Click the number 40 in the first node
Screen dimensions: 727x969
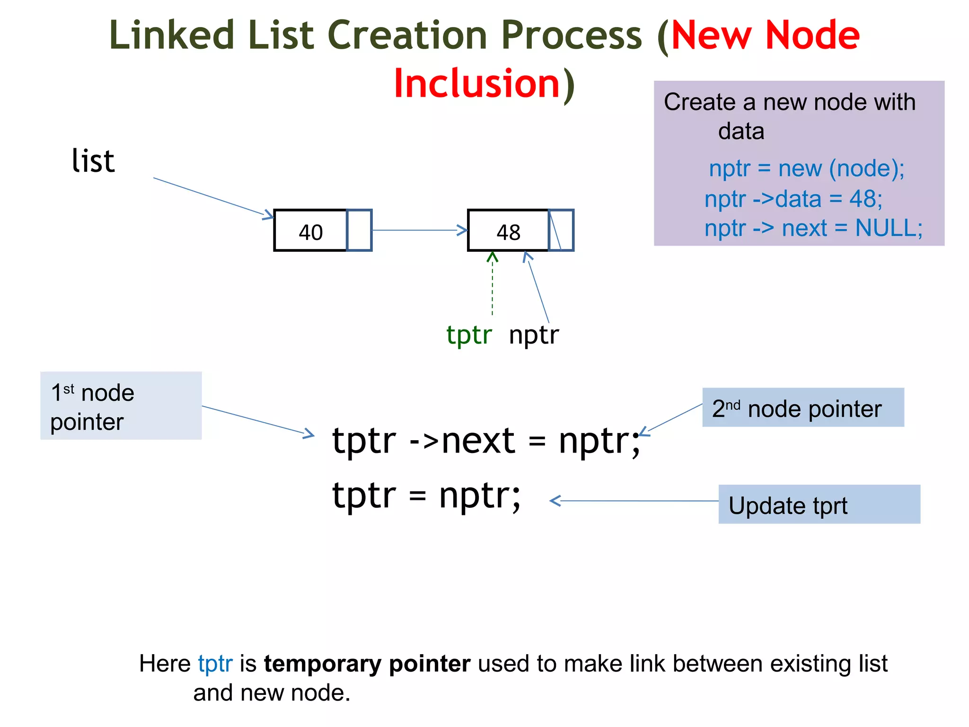click(310, 232)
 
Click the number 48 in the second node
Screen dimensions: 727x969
click(508, 232)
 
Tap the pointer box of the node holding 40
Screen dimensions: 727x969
click(359, 230)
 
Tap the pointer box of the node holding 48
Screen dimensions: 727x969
click(561, 230)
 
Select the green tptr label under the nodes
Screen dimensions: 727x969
click(469, 335)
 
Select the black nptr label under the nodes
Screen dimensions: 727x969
click(534, 335)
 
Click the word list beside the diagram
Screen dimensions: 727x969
click(93, 161)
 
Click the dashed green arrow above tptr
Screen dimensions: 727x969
click(493, 284)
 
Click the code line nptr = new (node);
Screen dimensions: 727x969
click(806, 169)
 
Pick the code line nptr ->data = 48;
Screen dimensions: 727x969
click(793, 199)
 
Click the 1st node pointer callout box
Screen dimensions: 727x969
click(121, 406)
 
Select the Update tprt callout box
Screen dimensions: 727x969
click(819, 505)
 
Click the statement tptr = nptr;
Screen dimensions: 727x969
click(426, 496)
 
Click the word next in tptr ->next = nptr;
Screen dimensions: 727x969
click(478, 441)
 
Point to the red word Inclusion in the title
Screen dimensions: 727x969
click(477, 84)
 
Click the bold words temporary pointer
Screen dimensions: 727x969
click(367, 664)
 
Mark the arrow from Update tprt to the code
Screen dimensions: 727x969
click(634, 501)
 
